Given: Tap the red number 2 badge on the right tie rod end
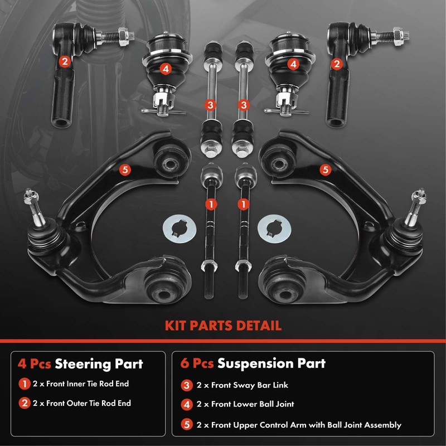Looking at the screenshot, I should click(x=336, y=64).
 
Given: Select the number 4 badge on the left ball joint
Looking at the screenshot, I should click(x=165, y=69).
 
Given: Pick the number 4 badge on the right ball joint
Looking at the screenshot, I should click(x=292, y=64).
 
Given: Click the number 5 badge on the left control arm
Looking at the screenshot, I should click(x=125, y=169).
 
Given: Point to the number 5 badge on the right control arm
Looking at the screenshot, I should click(x=325, y=168).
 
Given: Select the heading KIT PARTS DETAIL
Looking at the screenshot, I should click(x=222, y=326).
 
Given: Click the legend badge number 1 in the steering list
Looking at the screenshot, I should click(x=23, y=384).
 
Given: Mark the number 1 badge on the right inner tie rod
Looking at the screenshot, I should click(x=243, y=205).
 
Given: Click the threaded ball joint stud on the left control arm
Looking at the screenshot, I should click(x=30, y=203).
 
